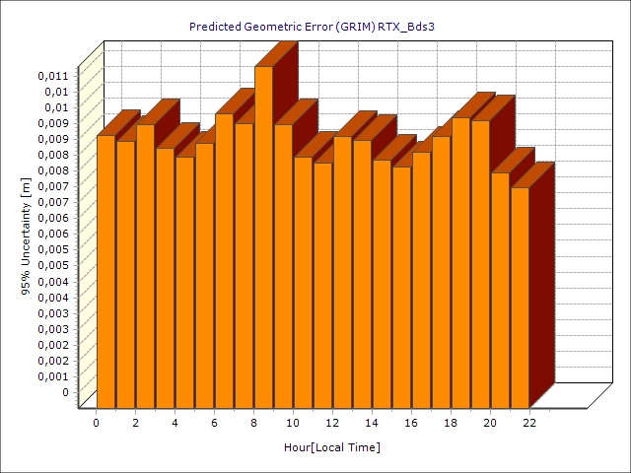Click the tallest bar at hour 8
coord(263,236)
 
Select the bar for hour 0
coord(105,271)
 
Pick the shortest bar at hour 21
coord(520,297)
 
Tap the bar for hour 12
coord(342,271)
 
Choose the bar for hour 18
coord(460,262)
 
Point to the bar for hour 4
coord(184,282)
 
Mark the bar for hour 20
coord(500,290)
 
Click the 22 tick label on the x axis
coord(529,423)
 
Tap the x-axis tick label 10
coord(293,423)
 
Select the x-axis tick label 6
coord(214,423)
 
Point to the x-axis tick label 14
coord(372,423)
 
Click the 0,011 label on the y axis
coord(53,75)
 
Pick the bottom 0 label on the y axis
coord(65,391)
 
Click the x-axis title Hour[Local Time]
coord(332,447)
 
